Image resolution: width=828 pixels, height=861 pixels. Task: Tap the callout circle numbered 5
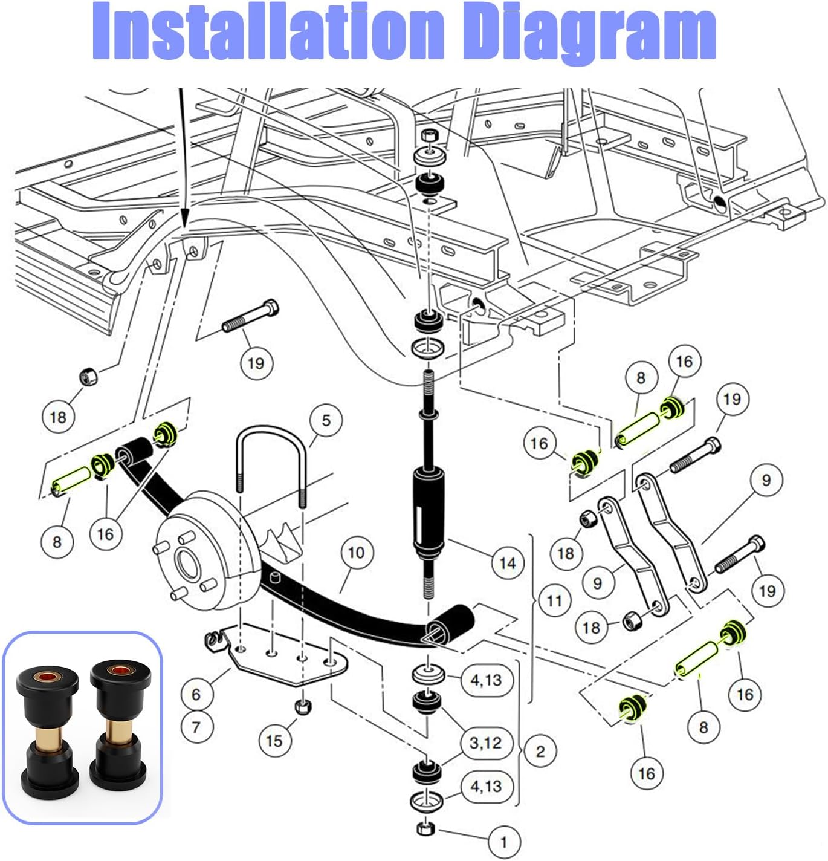(326, 420)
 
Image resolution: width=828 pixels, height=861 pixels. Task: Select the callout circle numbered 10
(356, 552)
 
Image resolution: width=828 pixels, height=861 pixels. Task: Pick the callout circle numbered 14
(507, 564)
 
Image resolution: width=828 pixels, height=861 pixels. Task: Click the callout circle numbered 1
(503, 841)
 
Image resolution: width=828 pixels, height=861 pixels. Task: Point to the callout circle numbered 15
(274, 740)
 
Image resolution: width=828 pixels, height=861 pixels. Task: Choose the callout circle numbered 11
(554, 600)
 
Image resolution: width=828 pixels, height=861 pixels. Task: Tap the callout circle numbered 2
(540, 751)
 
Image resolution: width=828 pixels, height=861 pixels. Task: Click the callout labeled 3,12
(485, 742)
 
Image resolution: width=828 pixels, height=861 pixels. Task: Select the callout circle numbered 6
(196, 694)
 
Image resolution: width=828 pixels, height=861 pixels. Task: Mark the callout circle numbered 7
(196, 726)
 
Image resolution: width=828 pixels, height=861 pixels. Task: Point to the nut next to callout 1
(426, 828)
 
